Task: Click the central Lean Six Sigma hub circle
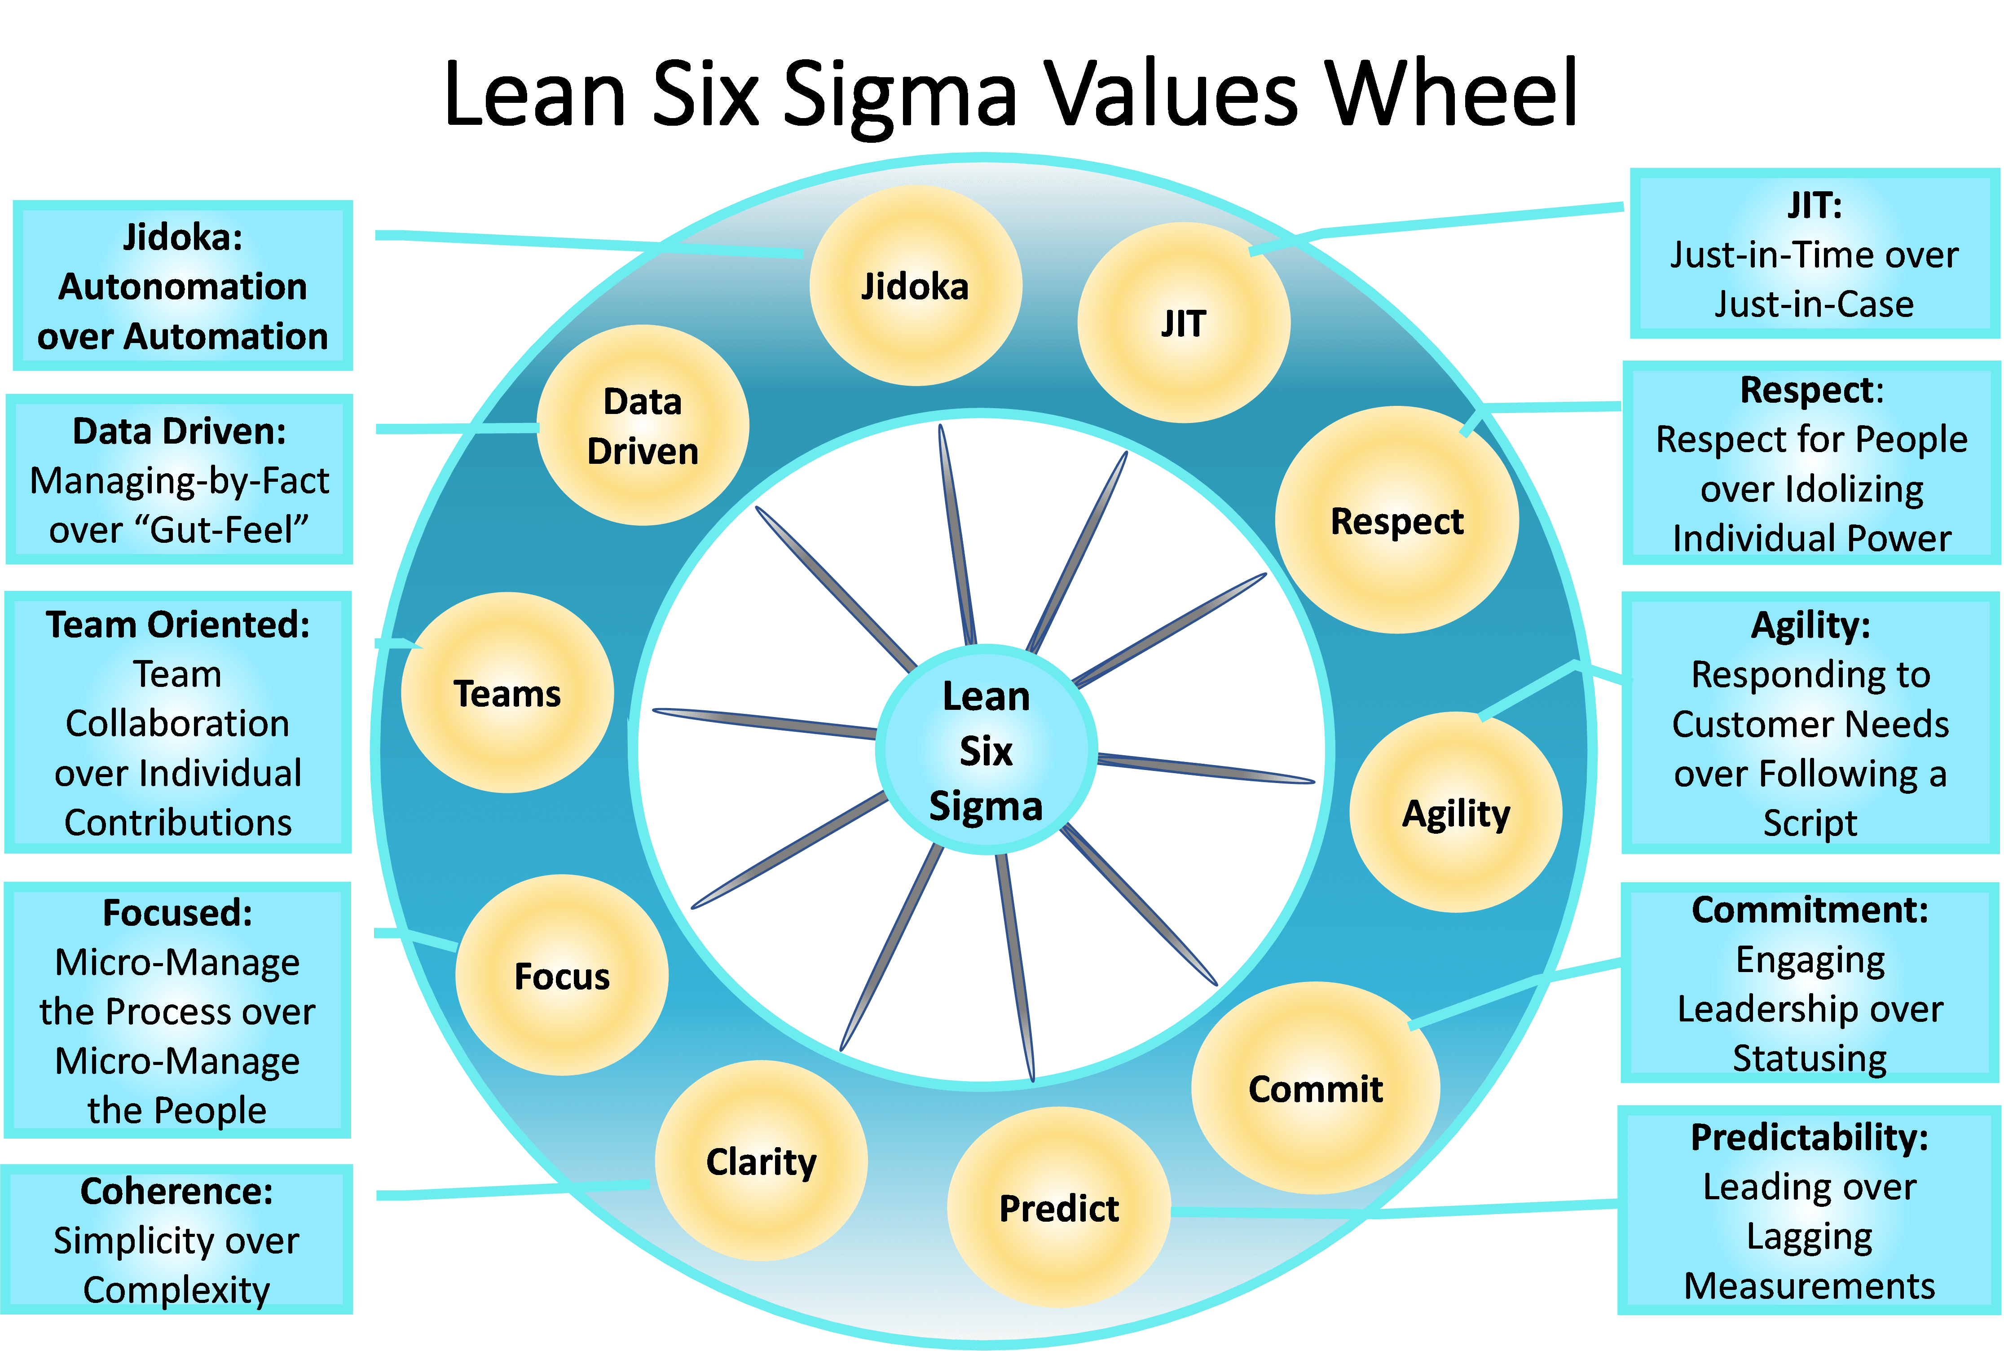[x=986, y=749]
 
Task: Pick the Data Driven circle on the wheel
[x=643, y=425]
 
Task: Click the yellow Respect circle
[x=1396, y=519]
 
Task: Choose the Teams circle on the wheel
[x=507, y=692]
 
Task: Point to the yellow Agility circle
[x=1456, y=812]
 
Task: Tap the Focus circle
[x=562, y=974]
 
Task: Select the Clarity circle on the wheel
[x=761, y=1161]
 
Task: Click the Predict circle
[x=1059, y=1207]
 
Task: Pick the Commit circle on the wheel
[x=1316, y=1087]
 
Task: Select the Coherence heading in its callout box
[x=176, y=1192]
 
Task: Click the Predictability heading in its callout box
[x=1809, y=1137]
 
